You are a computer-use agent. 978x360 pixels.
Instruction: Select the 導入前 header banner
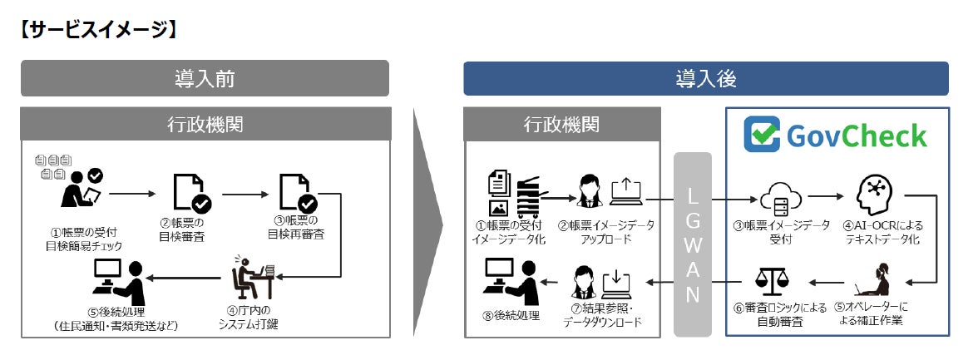coord(205,78)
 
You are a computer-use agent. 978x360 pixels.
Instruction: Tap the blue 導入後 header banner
coord(705,78)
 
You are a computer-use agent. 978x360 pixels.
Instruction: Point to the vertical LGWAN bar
coord(693,244)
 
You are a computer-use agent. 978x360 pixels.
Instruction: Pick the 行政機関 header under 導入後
coord(561,124)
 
